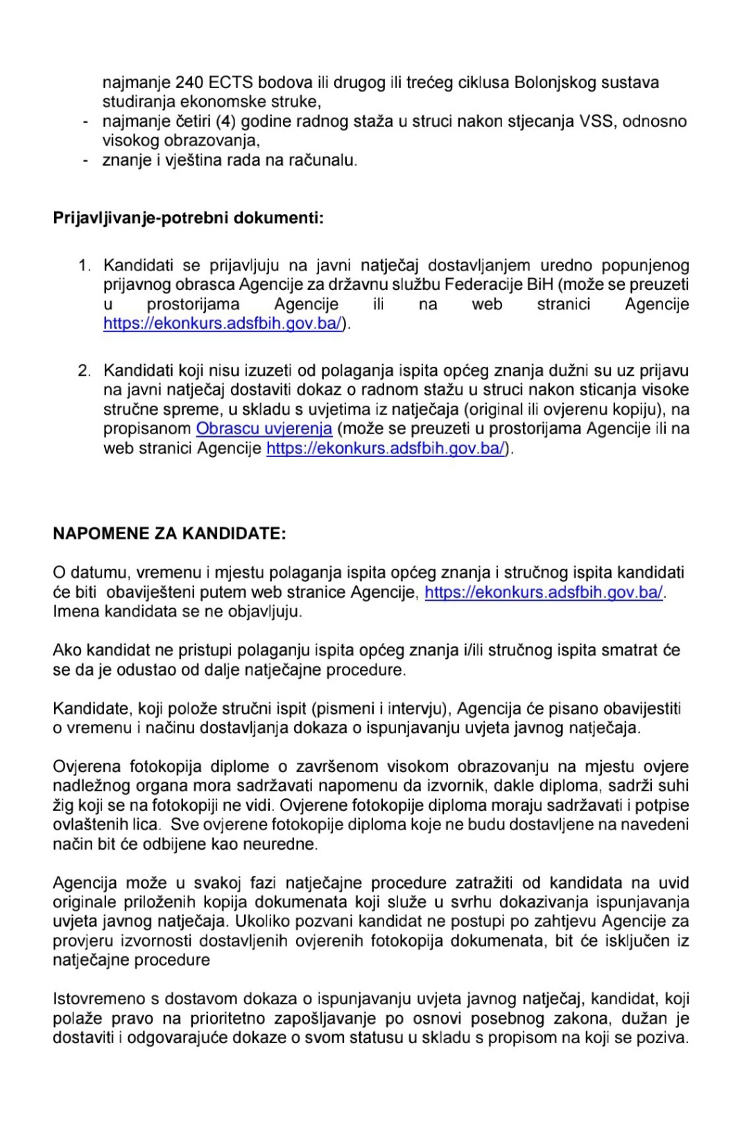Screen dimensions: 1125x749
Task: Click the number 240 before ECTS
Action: [x=189, y=83]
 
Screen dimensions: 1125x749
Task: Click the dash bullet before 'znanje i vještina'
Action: [x=85, y=161]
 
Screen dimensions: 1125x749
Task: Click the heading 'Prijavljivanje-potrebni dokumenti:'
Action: [x=188, y=218]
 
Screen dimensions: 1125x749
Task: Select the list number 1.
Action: [x=84, y=266]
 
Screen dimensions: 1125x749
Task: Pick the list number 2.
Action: [x=84, y=371]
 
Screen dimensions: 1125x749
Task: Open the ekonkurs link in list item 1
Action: [x=223, y=324]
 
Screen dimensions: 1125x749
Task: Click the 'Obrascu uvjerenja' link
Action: [x=264, y=429]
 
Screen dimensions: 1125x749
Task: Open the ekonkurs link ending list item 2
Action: [x=386, y=449]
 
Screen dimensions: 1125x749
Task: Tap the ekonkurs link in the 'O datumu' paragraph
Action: [x=544, y=593]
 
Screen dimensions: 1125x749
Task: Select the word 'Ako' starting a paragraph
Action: [x=67, y=651]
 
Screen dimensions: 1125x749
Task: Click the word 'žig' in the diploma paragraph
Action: [x=62, y=806]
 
